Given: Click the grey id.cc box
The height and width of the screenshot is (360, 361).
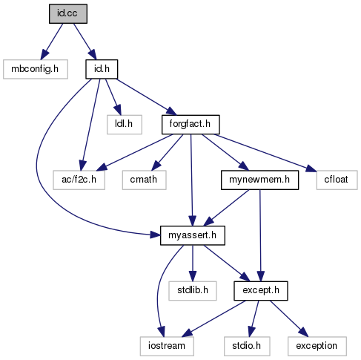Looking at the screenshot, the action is click(68, 13).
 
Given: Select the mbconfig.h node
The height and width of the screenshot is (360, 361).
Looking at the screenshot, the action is click(36, 69).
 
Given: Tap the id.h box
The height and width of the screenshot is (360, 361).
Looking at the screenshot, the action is click(102, 69).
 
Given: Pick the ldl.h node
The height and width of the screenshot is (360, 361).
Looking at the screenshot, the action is click(125, 125).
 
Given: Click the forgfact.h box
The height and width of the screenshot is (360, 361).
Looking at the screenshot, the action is click(191, 125).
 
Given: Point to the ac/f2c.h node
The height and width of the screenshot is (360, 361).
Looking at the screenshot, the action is click(79, 180).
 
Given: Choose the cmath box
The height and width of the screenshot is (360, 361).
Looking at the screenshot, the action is click(144, 180).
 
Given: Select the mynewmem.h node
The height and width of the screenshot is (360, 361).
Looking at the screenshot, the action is click(259, 180).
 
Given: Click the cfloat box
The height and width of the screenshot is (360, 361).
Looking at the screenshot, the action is click(337, 180).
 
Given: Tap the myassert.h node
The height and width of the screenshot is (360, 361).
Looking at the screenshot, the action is click(193, 235).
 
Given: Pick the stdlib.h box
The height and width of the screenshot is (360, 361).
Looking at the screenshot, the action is click(193, 291).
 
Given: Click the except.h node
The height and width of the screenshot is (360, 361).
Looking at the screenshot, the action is click(261, 291).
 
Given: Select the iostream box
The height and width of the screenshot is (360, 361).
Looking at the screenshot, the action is click(167, 346).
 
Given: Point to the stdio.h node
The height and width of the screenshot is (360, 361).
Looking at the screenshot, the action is click(247, 346).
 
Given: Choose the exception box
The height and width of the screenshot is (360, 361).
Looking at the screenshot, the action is click(317, 346).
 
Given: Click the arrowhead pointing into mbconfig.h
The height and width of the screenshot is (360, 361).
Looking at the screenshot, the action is click(44, 54).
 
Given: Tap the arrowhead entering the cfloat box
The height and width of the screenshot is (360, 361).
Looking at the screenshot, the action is click(311, 168).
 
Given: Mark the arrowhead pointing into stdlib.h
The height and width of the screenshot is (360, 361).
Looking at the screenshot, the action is click(193, 276).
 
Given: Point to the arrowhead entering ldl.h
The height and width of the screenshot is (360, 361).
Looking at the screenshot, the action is click(118, 110).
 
